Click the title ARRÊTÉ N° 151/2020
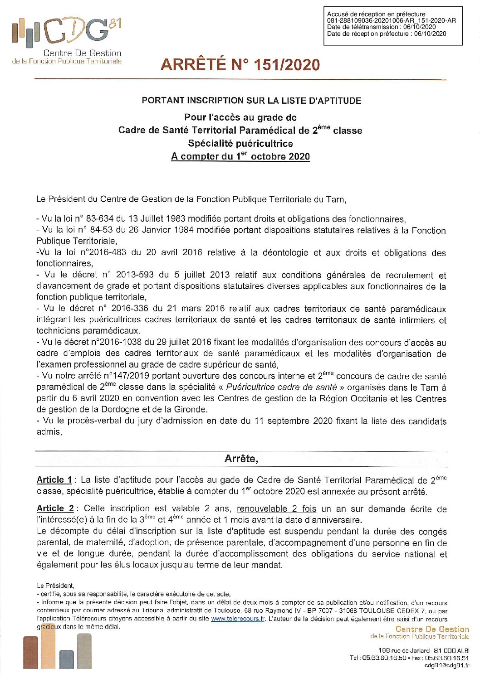[240, 65]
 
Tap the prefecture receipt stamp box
[392, 26]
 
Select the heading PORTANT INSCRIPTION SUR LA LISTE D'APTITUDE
[251, 101]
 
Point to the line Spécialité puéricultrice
[240, 144]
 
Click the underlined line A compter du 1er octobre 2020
[240, 157]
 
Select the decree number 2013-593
[135, 275]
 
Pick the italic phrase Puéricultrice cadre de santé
[281, 387]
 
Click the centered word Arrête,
[241, 459]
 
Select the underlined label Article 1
[54, 480]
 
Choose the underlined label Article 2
[55, 508]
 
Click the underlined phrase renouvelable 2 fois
[276, 509]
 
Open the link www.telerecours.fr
[238, 619]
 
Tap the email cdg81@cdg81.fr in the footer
[446, 665]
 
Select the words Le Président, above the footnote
[55, 586]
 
